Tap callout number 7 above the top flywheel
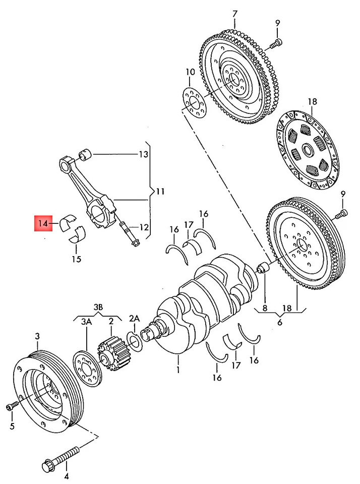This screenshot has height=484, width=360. point(234,13)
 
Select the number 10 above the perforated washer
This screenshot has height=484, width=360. point(189,72)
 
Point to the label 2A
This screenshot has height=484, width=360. point(134,319)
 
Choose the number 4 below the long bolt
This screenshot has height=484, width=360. point(66,475)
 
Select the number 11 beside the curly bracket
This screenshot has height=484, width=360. point(160,191)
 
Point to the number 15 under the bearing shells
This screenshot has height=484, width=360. point(76,260)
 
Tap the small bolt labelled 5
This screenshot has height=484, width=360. point(12,406)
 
